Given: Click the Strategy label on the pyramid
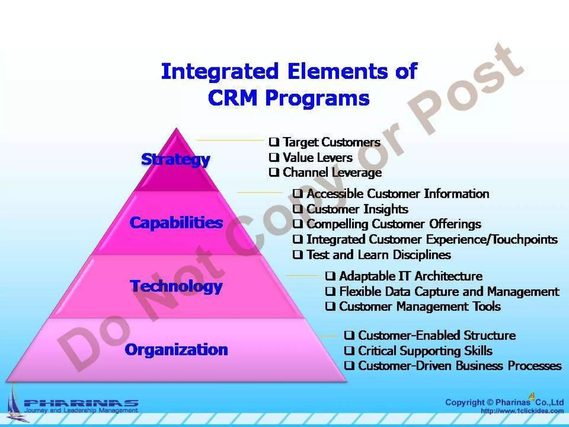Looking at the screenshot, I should coord(176,160).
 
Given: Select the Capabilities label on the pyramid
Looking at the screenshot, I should coord(176,223).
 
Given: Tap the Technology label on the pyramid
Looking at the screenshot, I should coord(176,286).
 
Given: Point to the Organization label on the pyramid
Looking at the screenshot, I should coord(176,349).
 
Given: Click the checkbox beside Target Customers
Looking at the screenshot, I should coord(274,142).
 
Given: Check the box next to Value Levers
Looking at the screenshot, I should coord(274,157).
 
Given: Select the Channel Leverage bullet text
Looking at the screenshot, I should coord(332,172).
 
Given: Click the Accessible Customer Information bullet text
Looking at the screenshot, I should coord(398,194).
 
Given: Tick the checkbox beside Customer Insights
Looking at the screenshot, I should coord(298,209).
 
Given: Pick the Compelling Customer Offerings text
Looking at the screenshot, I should coord(394,224).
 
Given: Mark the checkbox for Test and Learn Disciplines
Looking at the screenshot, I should coord(298,254).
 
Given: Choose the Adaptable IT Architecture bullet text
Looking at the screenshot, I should coord(411,276).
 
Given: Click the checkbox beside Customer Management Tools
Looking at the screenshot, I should coord(330,306).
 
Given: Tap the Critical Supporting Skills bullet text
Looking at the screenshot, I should coord(425,351).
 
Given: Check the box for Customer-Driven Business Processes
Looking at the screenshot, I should coord(349,366).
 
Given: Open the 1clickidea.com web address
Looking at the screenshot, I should coord(522,411).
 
